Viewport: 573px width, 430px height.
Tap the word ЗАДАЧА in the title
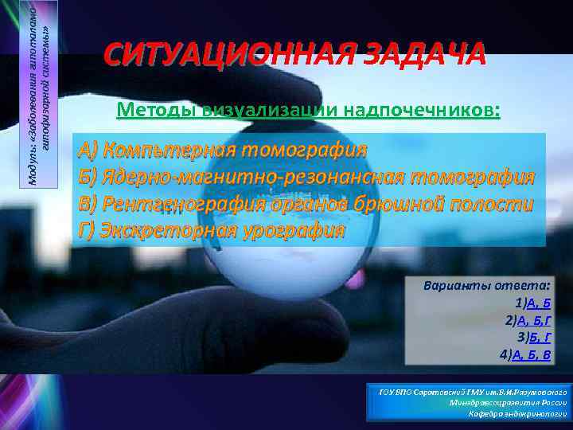click(422, 55)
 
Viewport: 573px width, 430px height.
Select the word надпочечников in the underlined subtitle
click(423, 110)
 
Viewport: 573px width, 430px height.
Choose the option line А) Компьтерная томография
click(222, 150)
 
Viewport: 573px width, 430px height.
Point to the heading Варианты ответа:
click(487, 285)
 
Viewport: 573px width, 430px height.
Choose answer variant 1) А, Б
click(532, 303)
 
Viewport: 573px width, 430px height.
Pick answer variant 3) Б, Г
click(533, 338)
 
